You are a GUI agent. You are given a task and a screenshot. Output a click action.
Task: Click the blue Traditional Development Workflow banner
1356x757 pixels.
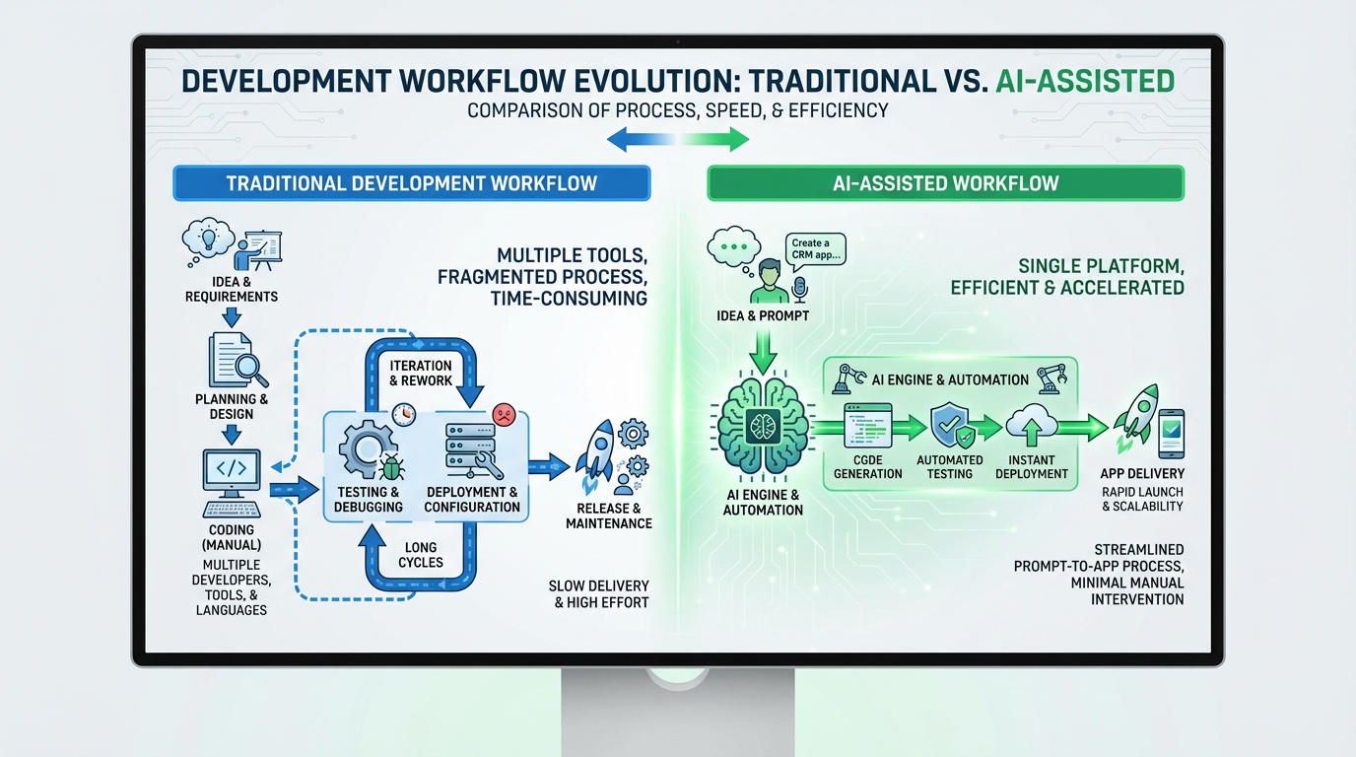coord(411,183)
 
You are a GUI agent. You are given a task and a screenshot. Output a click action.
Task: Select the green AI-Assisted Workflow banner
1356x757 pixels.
coord(945,183)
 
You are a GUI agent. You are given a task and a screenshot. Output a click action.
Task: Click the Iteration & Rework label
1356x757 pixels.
coord(421,373)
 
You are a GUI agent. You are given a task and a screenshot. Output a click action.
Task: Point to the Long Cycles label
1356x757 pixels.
coord(421,554)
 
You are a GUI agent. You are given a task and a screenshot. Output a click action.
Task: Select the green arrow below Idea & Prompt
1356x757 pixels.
coord(763,352)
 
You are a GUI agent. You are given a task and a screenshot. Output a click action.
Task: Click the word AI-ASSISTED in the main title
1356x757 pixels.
coord(1084,80)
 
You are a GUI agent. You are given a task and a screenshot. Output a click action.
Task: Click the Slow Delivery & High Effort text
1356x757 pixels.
coord(598,593)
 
